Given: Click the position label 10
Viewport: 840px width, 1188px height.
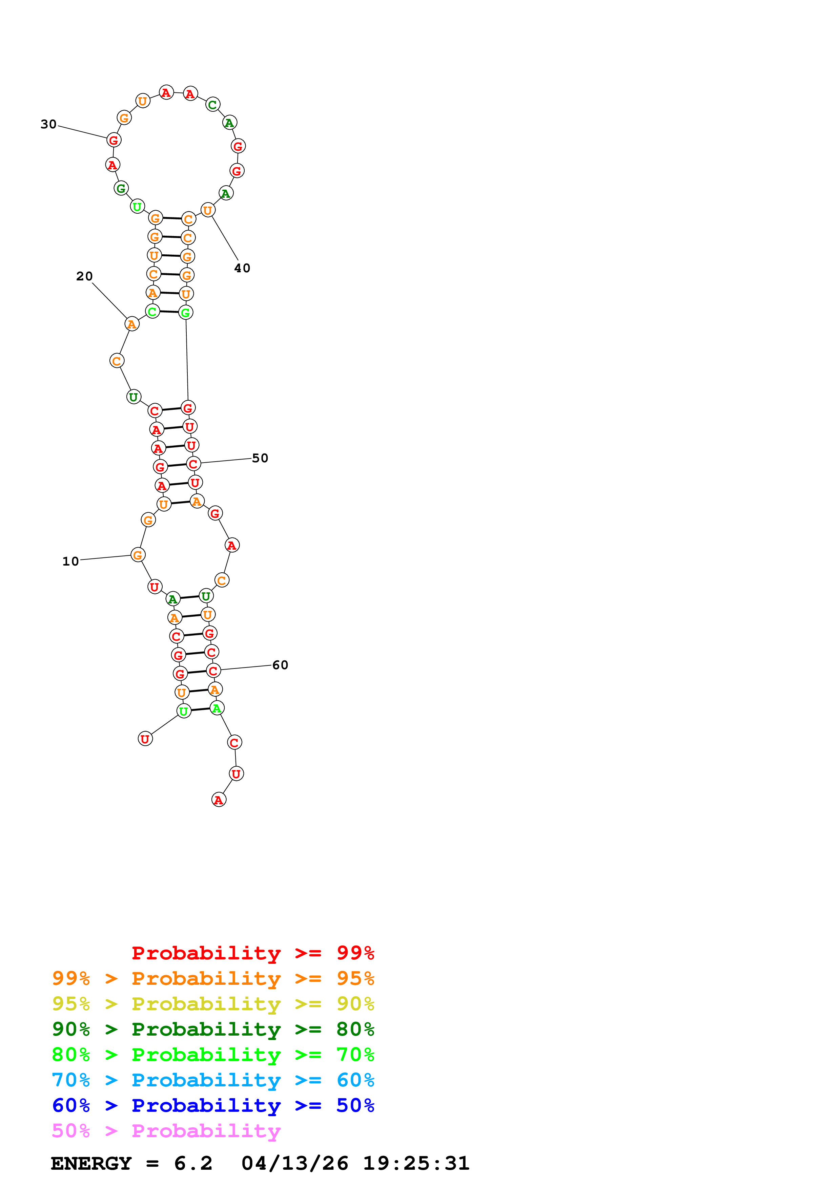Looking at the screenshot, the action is [70, 561].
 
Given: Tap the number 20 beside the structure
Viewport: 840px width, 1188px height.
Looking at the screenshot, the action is [84, 276].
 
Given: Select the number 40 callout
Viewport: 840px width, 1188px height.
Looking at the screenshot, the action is [242, 268].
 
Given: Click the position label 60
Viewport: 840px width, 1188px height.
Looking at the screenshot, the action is [280, 665].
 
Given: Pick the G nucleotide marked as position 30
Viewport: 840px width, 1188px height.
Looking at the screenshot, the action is [114, 140].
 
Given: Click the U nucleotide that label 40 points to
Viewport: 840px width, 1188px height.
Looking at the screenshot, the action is [207, 210].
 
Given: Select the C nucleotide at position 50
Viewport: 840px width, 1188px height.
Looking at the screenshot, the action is [193, 464].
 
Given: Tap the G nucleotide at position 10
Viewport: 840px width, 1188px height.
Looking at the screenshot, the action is [138, 555].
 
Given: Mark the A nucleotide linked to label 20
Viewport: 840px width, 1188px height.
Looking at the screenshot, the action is [132, 324].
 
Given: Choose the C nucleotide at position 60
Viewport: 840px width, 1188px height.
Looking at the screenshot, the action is [213, 671].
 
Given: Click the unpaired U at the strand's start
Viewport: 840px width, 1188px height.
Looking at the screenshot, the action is [145, 739].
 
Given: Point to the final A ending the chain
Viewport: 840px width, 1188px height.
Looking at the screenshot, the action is [219, 800].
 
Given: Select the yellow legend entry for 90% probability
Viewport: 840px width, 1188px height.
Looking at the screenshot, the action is [213, 1004].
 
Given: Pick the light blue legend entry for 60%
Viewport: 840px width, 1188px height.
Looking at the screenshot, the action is [213, 1080].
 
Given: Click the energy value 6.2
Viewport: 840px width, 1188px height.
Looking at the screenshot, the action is [193, 1164].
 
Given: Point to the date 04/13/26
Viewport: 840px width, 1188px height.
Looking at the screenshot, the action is [294, 1164].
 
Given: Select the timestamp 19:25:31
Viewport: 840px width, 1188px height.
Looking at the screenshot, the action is [416, 1164].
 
